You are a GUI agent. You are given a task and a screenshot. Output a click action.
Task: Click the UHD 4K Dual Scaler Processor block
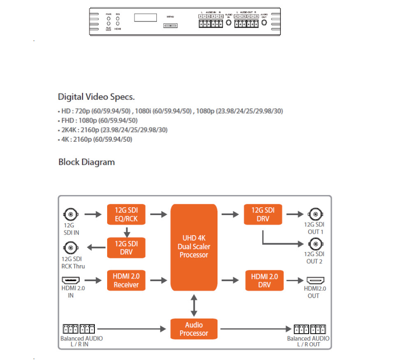pyautogui.click(x=194, y=247)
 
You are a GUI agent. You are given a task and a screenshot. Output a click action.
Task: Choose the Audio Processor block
pyautogui.click(x=194, y=329)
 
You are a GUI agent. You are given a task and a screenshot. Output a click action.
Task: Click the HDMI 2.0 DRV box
pyautogui.click(x=264, y=280)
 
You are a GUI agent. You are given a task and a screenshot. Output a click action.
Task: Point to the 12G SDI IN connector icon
pyautogui.click(x=70, y=214)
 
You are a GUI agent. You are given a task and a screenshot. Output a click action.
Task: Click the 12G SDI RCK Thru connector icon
pyautogui.click(x=70, y=248)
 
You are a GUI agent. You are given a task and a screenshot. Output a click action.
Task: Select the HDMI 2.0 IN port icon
pyautogui.click(x=70, y=280)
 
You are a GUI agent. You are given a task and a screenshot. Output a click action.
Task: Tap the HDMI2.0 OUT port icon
pyautogui.click(x=315, y=280)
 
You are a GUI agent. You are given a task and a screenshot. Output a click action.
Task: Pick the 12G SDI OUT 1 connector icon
pyautogui.click(x=315, y=214)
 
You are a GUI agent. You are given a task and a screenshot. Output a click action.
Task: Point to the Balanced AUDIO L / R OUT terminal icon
pyautogui.click(x=310, y=329)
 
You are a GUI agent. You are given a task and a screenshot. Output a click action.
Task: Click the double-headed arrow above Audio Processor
pyautogui.click(x=194, y=305)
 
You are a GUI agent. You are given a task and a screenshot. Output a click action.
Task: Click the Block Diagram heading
pyautogui.click(x=87, y=162)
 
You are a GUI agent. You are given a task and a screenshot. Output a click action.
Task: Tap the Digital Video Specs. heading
pyautogui.click(x=96, y=97)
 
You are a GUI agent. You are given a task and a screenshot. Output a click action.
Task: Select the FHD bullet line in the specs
pyautogui.click(x=98, y=120)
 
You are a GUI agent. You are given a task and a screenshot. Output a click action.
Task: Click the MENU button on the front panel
pyautogui.click(x=170, y=26)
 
